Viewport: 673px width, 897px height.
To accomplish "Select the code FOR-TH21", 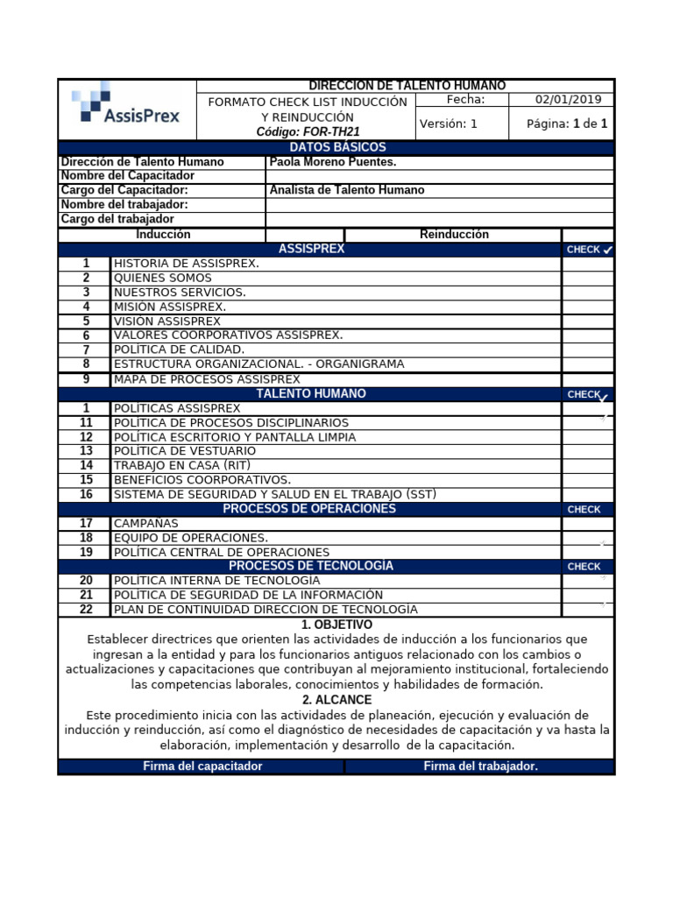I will [x=308, y=132].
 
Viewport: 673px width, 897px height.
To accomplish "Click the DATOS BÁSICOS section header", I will [x=337, y=147].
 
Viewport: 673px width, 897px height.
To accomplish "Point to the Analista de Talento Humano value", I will [x=347, y=190].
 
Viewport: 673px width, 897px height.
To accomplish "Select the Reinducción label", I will [x=454, y=235].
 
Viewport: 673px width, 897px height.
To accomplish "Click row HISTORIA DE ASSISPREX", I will [x=186, y=264].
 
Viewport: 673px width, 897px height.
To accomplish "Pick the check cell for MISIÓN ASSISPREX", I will [x=587, y=307].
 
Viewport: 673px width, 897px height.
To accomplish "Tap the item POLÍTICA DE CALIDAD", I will [x=179, y=350].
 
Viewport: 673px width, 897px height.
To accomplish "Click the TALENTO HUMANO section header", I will [x=311, y=394].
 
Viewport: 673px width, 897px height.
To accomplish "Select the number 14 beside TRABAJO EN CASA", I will [x=86, y=465].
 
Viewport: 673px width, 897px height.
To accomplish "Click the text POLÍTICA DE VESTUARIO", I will [x=185, y=451].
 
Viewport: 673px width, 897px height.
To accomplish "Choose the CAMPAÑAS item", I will [x=146, y=523].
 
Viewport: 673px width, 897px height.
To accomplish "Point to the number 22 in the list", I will [x=86, y=609].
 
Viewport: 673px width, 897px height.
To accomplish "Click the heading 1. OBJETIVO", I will [x=336, y=625].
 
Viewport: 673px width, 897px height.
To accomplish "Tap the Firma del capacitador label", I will [x=202, y=766].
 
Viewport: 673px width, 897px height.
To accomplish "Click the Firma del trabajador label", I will [x=480, y=766].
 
